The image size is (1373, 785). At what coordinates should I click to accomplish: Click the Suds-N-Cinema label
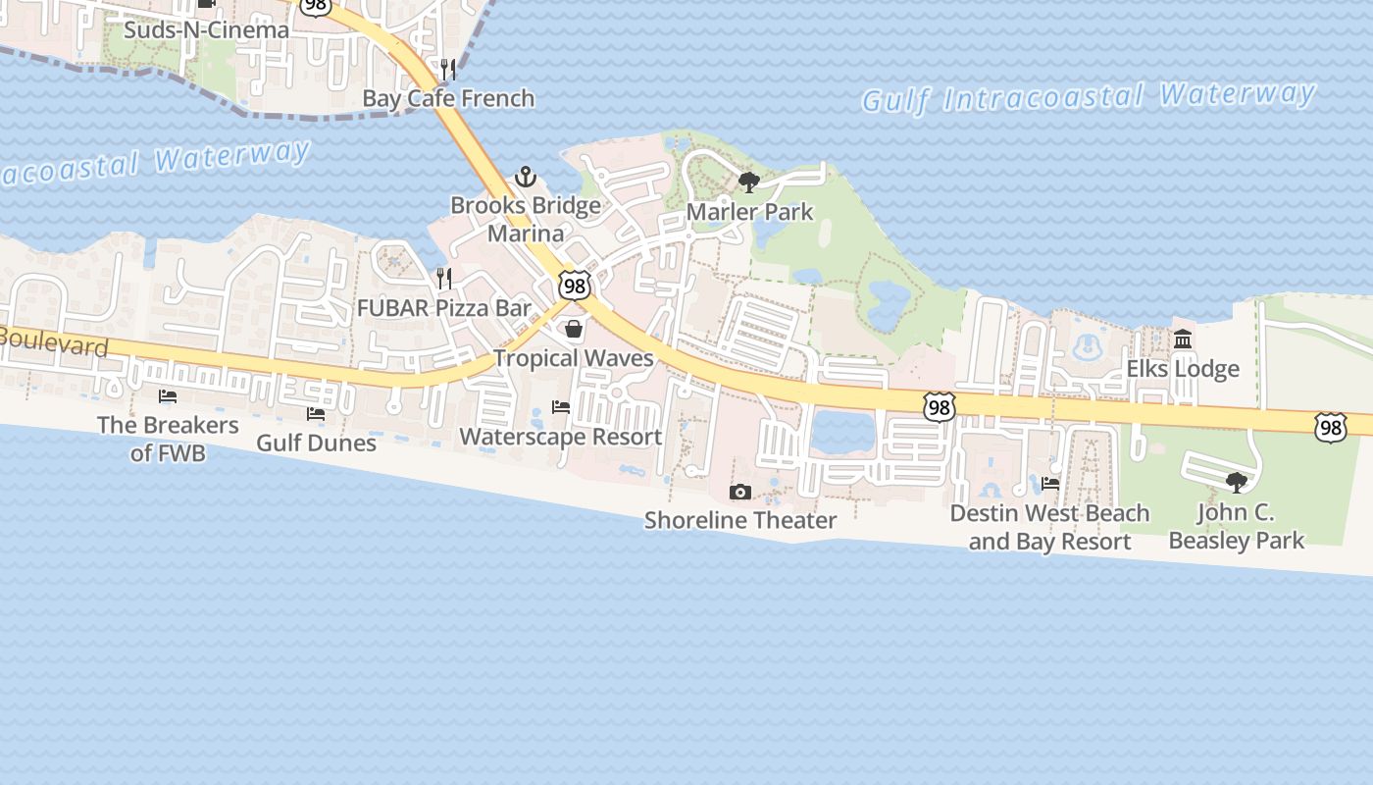[206, 30]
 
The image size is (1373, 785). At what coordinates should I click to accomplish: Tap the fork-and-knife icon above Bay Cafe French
[448, 69]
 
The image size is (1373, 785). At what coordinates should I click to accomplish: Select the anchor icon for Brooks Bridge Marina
[526, 178]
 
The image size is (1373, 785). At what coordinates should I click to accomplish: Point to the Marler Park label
[750, 211]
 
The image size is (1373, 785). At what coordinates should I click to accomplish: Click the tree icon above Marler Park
[749, 182]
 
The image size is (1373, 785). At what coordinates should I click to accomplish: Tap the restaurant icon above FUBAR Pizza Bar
[444, 279]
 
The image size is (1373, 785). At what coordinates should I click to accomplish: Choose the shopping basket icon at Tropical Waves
[574, 329]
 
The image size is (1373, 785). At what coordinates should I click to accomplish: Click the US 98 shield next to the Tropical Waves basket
[575, 286]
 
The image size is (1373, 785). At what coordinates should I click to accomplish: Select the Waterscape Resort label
[561, 437]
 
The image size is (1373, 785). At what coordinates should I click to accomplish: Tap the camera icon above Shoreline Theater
[740, 492]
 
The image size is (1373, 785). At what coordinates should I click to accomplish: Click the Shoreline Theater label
[740, 520]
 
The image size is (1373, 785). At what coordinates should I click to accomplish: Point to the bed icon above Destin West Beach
[1050, 483]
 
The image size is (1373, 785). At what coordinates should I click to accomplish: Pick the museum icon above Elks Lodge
[1183, 340]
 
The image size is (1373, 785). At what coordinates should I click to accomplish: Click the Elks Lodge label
[1183, 369]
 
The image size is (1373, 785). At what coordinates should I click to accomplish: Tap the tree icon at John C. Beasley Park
[1236, 482]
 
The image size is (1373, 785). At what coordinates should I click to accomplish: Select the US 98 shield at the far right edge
[1331, 427]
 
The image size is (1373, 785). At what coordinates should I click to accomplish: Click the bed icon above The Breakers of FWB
[168, 396]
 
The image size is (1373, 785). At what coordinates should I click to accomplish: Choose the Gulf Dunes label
[316, 443]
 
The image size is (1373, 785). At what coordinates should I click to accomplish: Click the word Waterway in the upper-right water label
[1237, 94]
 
